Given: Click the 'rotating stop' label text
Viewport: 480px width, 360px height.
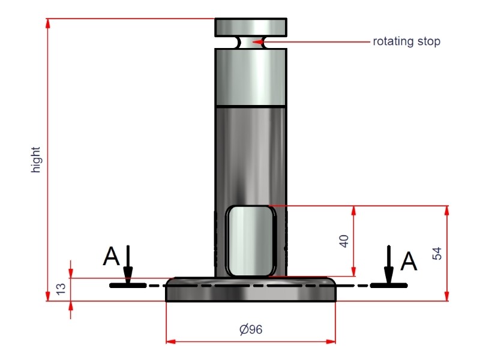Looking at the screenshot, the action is coord(407,41).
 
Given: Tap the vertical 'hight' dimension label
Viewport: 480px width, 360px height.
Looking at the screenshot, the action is coord(36,160).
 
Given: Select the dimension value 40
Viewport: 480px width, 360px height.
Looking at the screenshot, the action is coord(344,241).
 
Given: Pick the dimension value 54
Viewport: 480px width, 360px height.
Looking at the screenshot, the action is coord(437,253).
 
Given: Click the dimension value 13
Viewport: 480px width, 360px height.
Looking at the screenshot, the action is coord(61,289).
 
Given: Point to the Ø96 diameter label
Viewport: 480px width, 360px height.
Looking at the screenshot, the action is coord(251,329).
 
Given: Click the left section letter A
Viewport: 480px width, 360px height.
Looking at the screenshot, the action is coord(111,256).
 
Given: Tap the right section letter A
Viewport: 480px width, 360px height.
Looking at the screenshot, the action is coord(409,261).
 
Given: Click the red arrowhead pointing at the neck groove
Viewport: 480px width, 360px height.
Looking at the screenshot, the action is coord(258,41).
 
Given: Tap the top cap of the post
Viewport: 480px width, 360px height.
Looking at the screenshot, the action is coord(251,28).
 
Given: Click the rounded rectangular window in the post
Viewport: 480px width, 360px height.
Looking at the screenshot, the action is coord(251,241).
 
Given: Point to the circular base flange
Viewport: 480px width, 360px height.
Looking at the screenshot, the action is coord(251,290).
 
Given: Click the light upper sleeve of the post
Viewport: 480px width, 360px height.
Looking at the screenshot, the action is coord(251,77).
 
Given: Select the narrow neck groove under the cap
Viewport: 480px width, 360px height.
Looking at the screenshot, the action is coord(251,43).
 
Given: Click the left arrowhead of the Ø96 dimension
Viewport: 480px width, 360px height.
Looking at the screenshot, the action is coord(171,341).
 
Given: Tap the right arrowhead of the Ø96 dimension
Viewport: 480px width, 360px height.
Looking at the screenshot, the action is coord(331,341).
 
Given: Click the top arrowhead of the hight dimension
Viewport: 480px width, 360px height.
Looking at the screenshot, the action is coord(48,24).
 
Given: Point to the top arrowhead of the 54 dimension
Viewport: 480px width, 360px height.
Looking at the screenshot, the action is coord(446,211).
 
